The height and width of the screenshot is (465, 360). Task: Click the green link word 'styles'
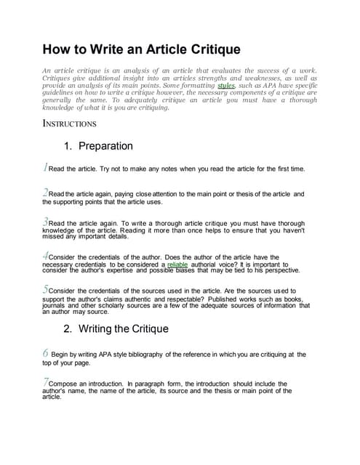click(226, 85)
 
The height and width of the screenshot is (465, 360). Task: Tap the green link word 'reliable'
click(177, 264)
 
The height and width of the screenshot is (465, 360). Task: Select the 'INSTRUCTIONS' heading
click(70, 124)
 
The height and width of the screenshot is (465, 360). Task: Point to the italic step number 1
click(46, 168)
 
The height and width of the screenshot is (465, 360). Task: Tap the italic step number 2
click(46, 193)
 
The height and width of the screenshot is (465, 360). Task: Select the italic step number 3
click(46, 221)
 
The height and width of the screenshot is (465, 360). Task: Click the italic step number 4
click(46, 256)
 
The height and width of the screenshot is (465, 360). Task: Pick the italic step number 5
click(46, 289)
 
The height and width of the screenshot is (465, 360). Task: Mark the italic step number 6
click(46, 352)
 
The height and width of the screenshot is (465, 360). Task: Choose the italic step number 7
click(46, 381)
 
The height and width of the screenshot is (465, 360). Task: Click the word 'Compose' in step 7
click(66, 384)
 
